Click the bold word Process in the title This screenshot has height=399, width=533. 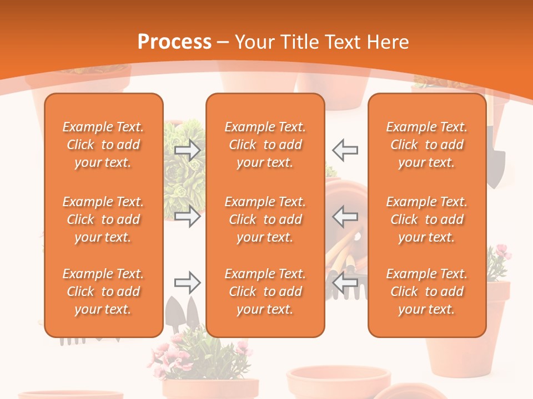click(174, 42)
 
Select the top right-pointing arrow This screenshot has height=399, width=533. click(187, 150)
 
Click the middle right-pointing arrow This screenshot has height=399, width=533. click(187, 216)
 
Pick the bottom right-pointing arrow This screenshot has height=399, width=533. click(187, 283)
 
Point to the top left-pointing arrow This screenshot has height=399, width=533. click(345, 150)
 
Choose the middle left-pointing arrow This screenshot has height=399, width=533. click(345, 216)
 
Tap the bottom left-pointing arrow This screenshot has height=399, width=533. click(345, 283)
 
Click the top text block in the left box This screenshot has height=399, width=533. click(103, 145)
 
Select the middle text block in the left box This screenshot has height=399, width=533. click(103, 219)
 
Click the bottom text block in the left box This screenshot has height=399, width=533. click(103, 291)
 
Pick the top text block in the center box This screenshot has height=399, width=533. click(265, 145)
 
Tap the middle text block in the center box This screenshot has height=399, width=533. click(265, 219)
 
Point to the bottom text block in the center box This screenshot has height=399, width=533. click(265, 291)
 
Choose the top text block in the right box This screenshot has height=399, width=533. click(427, 145)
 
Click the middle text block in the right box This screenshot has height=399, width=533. click(427, 219)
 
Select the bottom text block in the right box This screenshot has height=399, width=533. click(427, 291)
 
